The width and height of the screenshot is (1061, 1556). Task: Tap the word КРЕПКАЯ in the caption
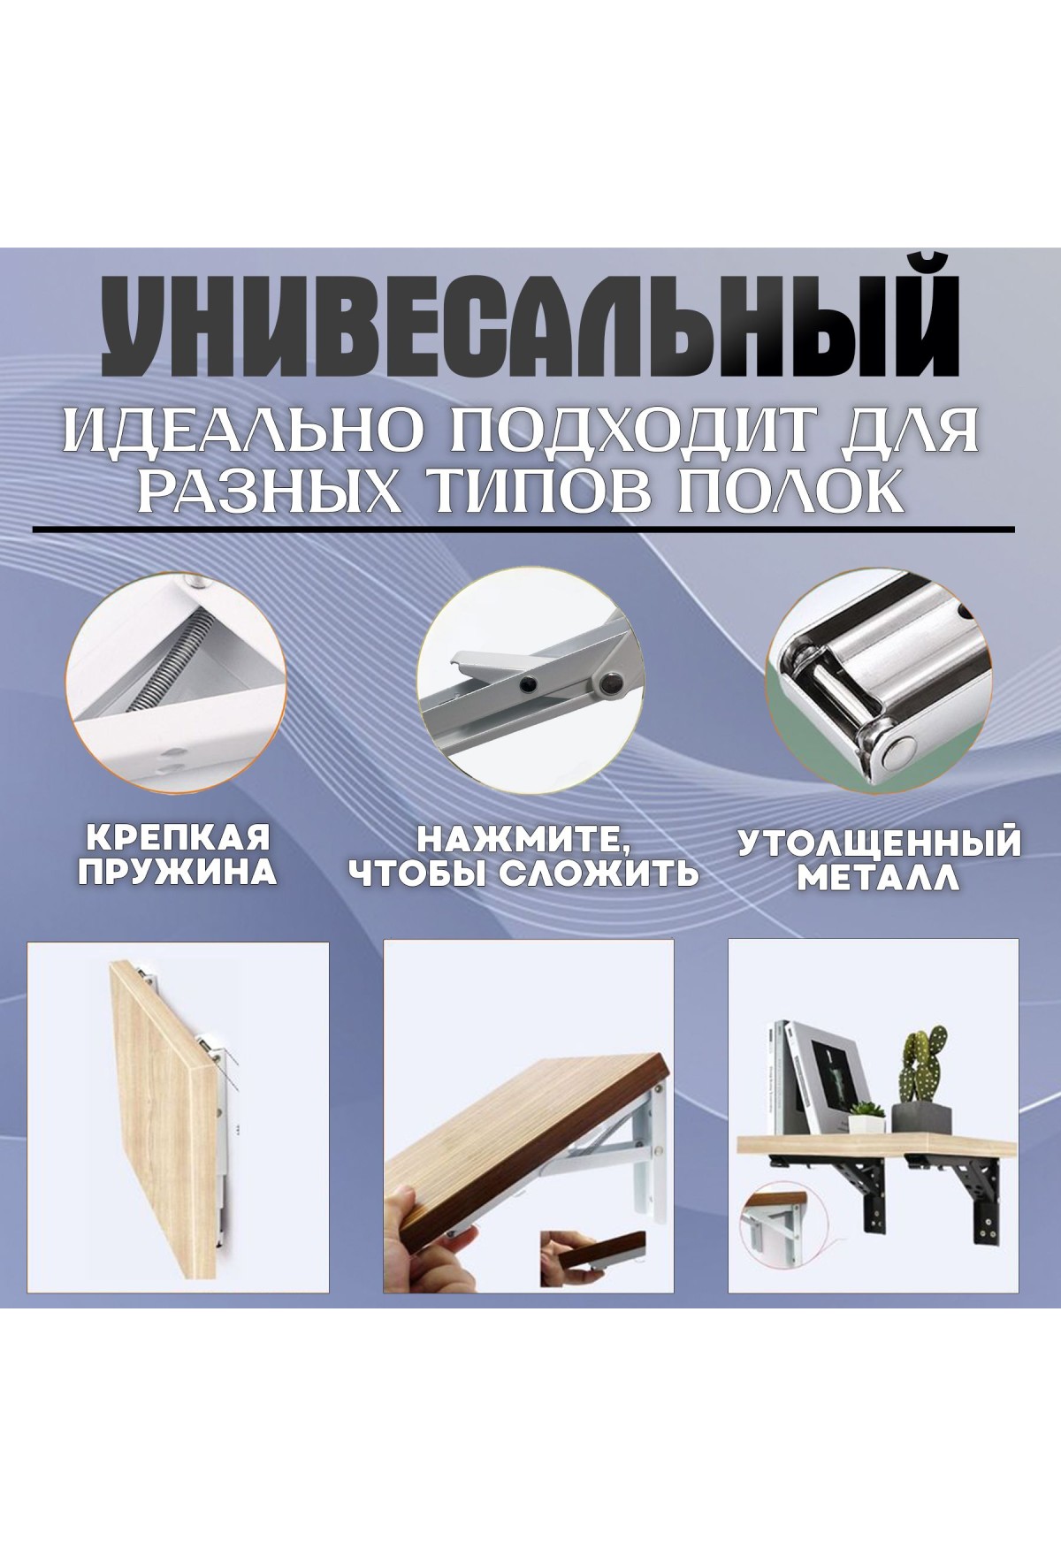pyautogui.click(x=176, y=835)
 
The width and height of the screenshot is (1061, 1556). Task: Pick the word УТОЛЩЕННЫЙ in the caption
pyautogui.click(x=880, y=842)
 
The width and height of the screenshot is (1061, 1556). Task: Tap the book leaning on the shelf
pyautogui.click(x=812, y=1079)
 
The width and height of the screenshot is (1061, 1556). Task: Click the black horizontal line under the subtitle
pyautogui.click(x=523, y=529)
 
